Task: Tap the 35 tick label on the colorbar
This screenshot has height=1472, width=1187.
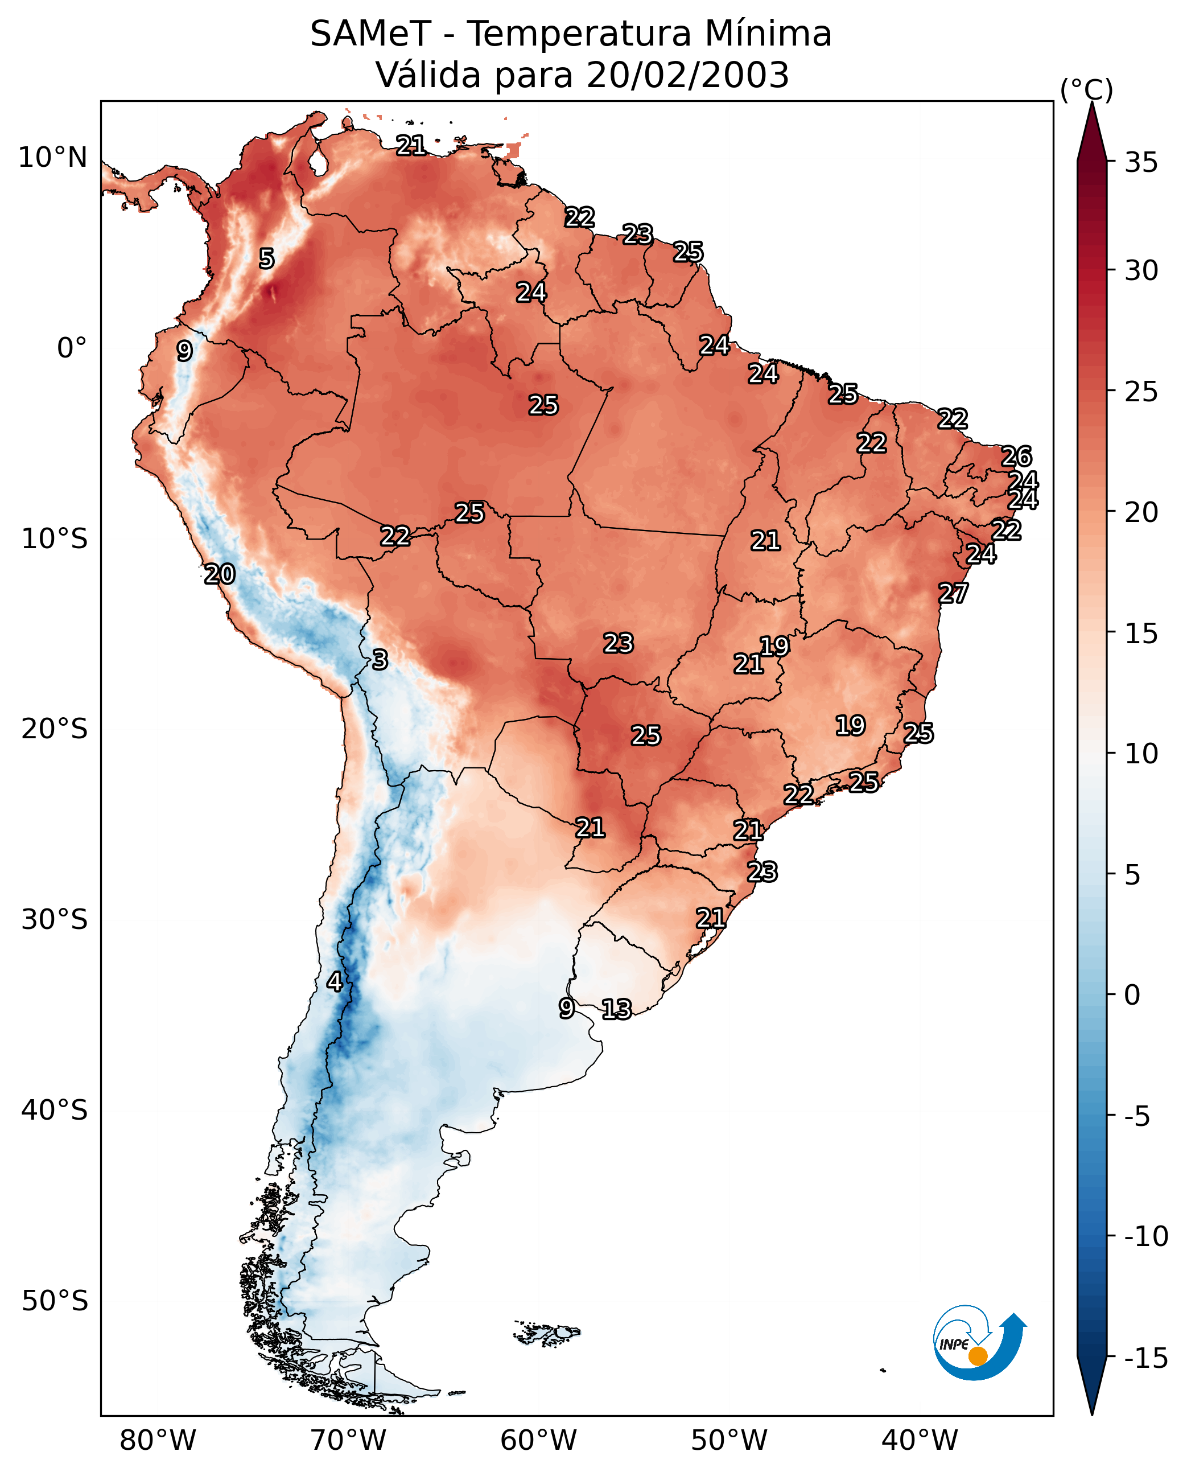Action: (x=1141, y=163)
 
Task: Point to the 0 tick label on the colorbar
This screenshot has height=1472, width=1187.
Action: (x=1132, y=994)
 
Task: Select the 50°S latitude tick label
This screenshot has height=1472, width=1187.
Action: (x=55, y=1300)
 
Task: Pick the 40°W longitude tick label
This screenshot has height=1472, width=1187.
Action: (x=920, y=1440)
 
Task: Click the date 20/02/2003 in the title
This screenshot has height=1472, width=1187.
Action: (x=687, y=75)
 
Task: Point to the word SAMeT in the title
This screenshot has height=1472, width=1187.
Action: (x=370, y=34)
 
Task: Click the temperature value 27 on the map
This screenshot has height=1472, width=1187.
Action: (x=953, y=593)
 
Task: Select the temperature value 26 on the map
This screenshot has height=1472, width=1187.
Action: (x=1016, y=457)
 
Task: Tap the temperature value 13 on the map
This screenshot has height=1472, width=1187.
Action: (x=616, y=1009)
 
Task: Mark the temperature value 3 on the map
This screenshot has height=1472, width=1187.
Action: (x=380, y=659)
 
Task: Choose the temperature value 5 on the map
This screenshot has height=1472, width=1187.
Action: (x=267, y=258)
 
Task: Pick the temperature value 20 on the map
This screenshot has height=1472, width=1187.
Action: (x=220, y=574)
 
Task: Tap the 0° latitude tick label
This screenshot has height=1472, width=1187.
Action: (x=72, y=348)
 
